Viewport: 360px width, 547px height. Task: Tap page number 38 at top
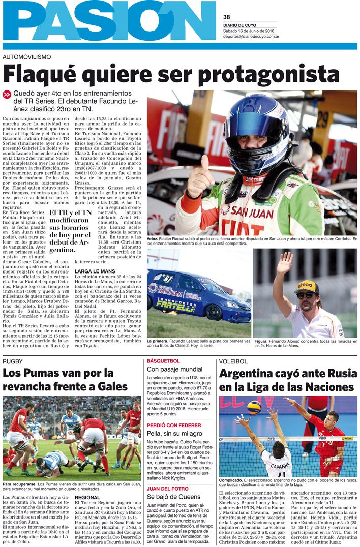pos(226,17)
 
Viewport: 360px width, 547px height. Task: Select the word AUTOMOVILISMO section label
pos(27,57)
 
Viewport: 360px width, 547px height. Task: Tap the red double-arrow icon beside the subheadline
pos(7,94)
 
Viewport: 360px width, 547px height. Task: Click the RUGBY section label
pos(13,361)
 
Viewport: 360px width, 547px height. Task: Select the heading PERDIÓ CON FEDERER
pos(173,425)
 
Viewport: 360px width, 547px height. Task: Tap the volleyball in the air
pos(254,407)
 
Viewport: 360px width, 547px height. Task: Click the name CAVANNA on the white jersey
pos(281,465)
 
